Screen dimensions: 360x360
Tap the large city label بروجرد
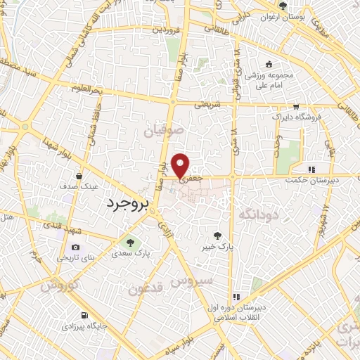point(129,205)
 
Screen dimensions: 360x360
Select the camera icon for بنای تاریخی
point(76,247)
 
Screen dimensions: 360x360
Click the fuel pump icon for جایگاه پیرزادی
point(85,315)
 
